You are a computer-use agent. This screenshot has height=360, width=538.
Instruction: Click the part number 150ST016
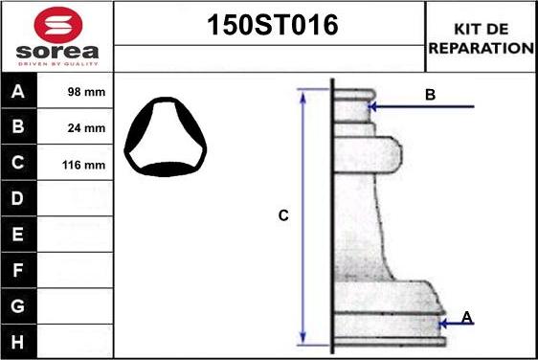click(x=273, y=25)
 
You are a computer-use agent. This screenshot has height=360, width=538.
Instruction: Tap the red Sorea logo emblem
click(x=58, y=25)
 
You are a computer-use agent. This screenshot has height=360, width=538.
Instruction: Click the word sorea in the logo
click(x=57, y=52)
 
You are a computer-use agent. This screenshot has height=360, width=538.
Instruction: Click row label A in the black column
click(x=18, y=91)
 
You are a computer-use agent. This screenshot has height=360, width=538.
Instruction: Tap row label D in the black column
click(x=17, y=198)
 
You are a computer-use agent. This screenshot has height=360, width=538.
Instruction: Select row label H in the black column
click(x=17, y=342)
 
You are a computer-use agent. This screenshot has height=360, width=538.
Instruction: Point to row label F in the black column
click(x=17, y=270)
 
